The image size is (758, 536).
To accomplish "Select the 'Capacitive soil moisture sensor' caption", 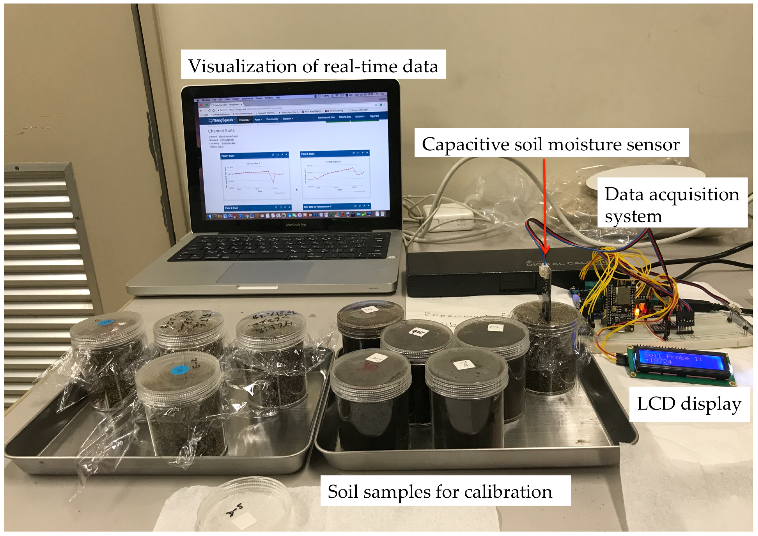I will (x=551, y=144).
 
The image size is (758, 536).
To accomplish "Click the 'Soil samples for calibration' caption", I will (x=440, y=491).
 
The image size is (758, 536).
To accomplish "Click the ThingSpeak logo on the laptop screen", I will (x=221, y=121).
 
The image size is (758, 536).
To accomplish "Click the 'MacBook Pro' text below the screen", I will (x=295, y=225).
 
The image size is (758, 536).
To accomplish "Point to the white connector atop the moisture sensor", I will (x=543, y=271).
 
